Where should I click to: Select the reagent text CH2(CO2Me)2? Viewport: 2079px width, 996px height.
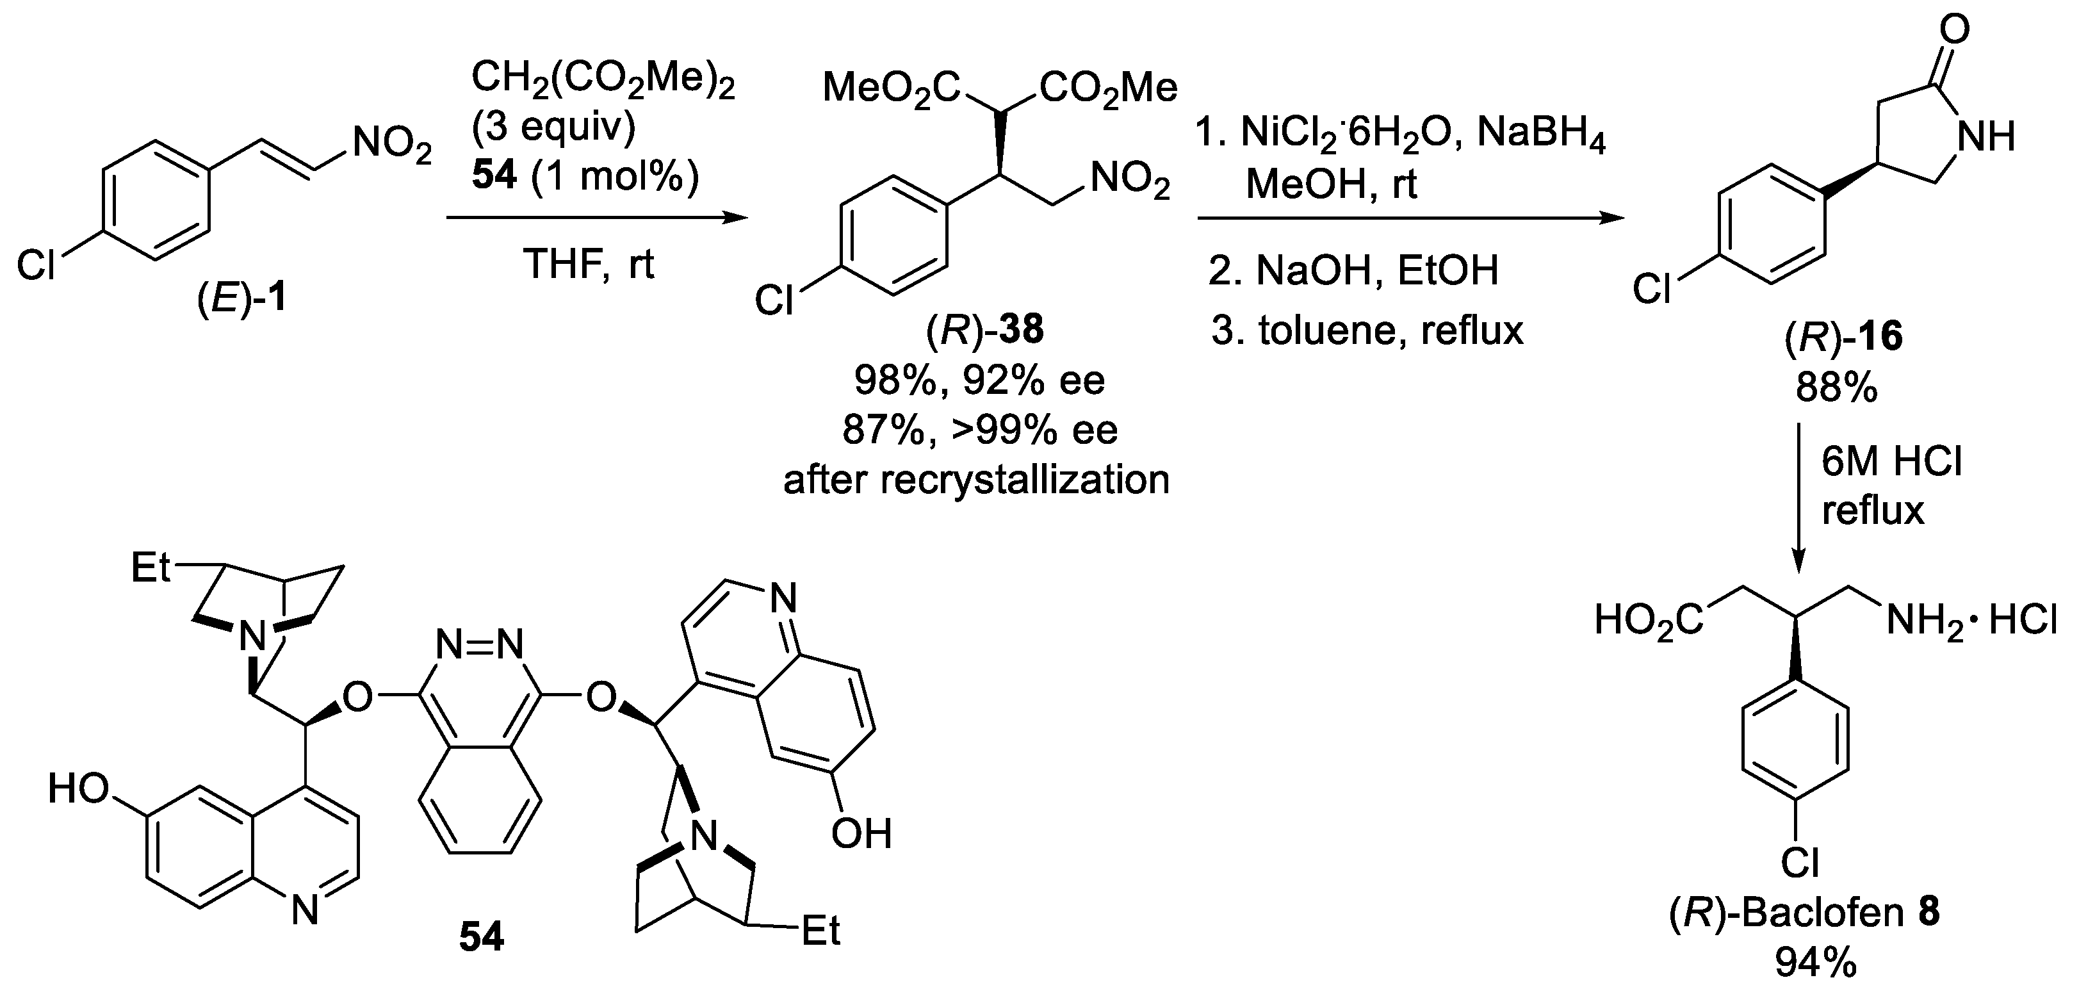[x=602, y=81]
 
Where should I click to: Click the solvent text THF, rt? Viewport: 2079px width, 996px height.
[x=589, y=264]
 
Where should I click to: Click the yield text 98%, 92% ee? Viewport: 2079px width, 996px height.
[x=979, y=380]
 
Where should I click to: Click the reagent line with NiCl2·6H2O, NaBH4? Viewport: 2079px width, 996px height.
[x=1400, y=134]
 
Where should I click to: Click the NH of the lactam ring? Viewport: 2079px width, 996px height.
[x=1986, y=137]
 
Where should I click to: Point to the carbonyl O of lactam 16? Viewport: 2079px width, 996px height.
[x=1954, y=30]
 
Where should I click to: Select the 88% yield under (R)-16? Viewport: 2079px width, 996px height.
[x=1836, y=390]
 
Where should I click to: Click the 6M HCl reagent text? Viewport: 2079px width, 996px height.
[x=1891, y=462]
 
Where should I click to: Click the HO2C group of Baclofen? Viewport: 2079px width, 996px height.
[x=1649, y=621]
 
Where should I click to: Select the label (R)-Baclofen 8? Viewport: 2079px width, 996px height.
[x=1804, y=913]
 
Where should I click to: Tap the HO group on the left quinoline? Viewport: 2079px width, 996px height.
[x=78, y=788]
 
